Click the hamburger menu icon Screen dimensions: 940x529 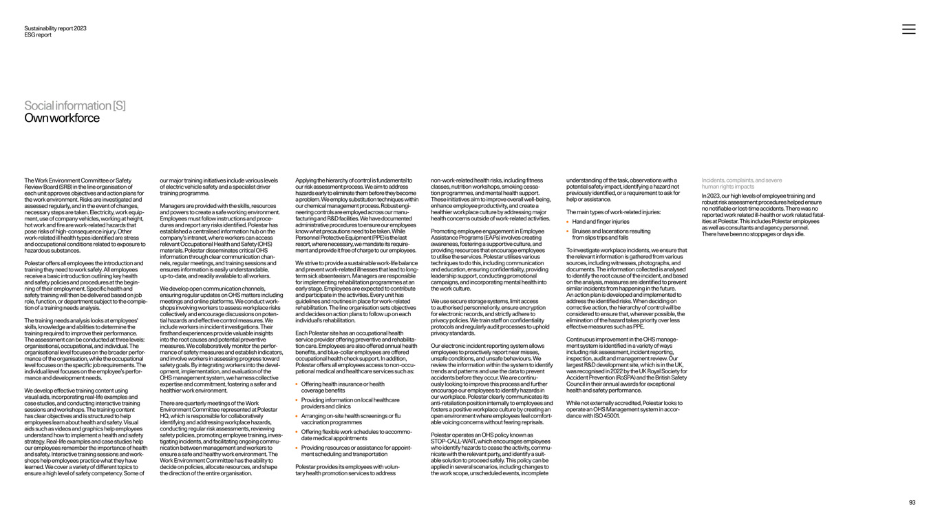pyautogui.click(x=908, y=29)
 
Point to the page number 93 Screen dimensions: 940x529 pyautogui.click(x=912, y=503)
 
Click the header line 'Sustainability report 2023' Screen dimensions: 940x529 pyautogui.click(x=55, y=28)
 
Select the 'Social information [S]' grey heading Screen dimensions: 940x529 pyautogui.click(x=75, y=105)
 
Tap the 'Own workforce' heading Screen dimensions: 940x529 pyautogui.click(x=62, y=118)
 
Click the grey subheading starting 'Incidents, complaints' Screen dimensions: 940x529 pyautogui.click(x=742, y=184)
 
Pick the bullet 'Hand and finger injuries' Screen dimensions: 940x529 pyautogui.click(x=601, y=222)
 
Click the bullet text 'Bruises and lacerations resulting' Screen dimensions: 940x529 pyautogui.click(x=611, y=231)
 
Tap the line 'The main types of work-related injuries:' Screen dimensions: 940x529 pyautogui.click(x=613, y=212)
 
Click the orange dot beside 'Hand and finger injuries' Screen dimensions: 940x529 pyautogui.click(x=567, y=222)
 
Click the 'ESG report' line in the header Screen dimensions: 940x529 pyautogui.click(x=38, y=35)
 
